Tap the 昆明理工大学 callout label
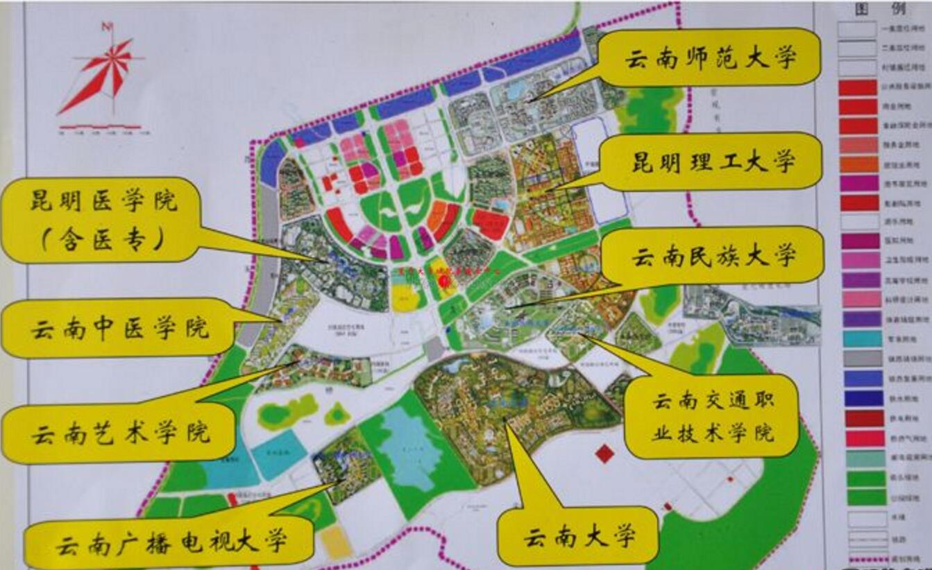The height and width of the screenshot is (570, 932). [712, 162]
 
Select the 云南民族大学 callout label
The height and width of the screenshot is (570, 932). [712, 256]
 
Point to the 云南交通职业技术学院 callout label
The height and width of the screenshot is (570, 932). [712, 417]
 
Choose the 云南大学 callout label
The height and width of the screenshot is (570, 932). [578, 537]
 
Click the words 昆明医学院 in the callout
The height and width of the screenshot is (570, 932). [103, 202]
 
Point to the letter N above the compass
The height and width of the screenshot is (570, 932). [107, 27]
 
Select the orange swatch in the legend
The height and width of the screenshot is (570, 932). [858, 164]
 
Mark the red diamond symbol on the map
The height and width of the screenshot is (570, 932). [605, 454]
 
